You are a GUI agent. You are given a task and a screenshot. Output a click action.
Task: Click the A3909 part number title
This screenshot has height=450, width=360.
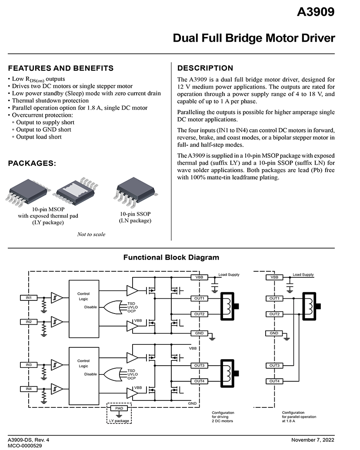click(316, 12)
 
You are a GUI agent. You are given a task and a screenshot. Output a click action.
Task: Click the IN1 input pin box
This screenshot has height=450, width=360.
click(29, 298)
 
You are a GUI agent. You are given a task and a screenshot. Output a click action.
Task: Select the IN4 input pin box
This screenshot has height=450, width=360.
click(29, 389)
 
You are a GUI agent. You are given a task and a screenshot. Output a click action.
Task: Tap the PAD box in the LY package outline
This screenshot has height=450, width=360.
click(119, 408)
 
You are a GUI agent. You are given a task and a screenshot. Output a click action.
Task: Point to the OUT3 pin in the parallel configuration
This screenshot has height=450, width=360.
click(274, 366)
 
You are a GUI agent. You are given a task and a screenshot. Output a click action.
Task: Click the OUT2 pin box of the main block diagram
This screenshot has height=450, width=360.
click(199, 314)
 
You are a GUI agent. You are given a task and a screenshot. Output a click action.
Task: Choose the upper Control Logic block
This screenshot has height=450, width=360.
click(84, 309)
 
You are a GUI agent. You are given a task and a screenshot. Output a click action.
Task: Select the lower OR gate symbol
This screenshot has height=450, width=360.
click(113, 374)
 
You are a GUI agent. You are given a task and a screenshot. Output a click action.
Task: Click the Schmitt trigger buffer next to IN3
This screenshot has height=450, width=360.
click(57, 365)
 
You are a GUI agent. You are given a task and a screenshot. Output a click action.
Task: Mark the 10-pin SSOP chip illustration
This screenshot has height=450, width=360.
click(135, 192)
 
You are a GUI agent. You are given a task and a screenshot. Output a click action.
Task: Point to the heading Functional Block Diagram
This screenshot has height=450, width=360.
click(171, 257)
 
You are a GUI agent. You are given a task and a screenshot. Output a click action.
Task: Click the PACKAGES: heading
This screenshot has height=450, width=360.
click(32, 163)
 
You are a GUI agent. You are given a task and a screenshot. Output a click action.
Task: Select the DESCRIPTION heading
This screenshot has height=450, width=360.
click(205, 68)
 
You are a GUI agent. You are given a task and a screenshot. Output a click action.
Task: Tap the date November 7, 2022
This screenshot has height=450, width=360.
click(313, 440)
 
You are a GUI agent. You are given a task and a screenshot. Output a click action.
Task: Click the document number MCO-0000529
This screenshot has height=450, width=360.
click(25, 446)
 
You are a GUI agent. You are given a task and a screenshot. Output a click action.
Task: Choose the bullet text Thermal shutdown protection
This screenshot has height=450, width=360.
click(50, 101)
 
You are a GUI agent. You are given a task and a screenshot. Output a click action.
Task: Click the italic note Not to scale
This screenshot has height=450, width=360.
click(91, 234)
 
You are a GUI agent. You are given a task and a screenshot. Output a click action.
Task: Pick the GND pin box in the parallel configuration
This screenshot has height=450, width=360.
click(274, 333)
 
